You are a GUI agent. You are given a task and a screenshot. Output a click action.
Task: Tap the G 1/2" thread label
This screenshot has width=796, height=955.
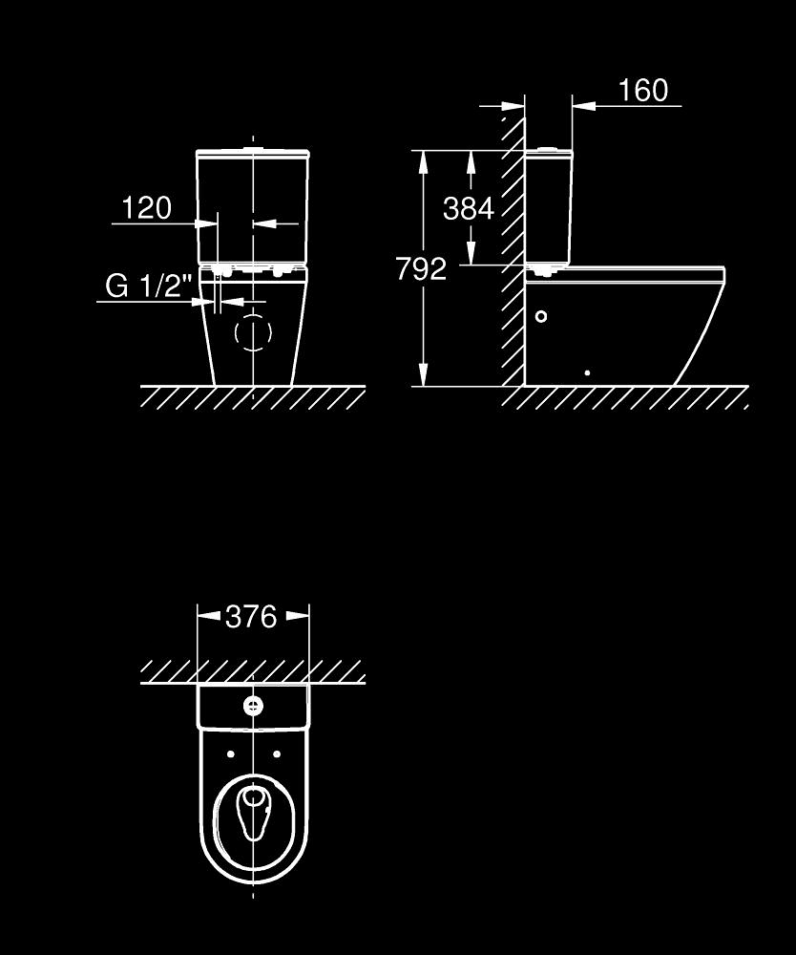tap(149, 285)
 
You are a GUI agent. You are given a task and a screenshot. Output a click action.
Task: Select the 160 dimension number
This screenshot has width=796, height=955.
tap(643, 90)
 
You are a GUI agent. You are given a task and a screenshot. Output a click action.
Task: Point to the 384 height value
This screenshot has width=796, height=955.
tap(469, 209)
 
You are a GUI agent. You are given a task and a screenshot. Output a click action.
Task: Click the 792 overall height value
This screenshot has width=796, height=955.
tap(421, 268)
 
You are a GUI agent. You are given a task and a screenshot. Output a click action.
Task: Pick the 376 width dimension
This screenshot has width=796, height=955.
tap(251, 616)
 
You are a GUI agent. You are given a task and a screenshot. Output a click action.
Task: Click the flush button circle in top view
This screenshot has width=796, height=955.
tap(253, 706)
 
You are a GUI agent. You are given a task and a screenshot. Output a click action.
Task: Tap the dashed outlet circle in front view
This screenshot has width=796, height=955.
tap(253, 332)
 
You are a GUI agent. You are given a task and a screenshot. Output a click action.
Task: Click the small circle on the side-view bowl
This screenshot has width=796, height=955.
tap(540, 316)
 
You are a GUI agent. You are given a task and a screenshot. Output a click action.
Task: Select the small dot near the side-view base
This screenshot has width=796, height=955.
tap(587, 372)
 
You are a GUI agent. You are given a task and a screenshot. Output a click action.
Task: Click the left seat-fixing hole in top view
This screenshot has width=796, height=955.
tap(231, 754)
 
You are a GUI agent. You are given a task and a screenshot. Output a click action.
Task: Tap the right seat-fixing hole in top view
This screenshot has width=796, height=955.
tap(277, 754)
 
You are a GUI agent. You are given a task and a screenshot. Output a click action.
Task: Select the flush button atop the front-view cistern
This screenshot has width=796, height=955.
tap(253, 148)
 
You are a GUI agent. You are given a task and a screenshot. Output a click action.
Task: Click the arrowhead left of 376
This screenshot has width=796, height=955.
tap(209, 616)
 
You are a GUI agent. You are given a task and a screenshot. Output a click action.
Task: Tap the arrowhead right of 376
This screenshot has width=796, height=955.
tap(298, 616)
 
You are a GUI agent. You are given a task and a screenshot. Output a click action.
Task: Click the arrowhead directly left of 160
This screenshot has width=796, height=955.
tap(584, 106)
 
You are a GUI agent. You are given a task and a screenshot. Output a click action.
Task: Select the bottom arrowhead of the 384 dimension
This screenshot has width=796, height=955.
tap(471, 253)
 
